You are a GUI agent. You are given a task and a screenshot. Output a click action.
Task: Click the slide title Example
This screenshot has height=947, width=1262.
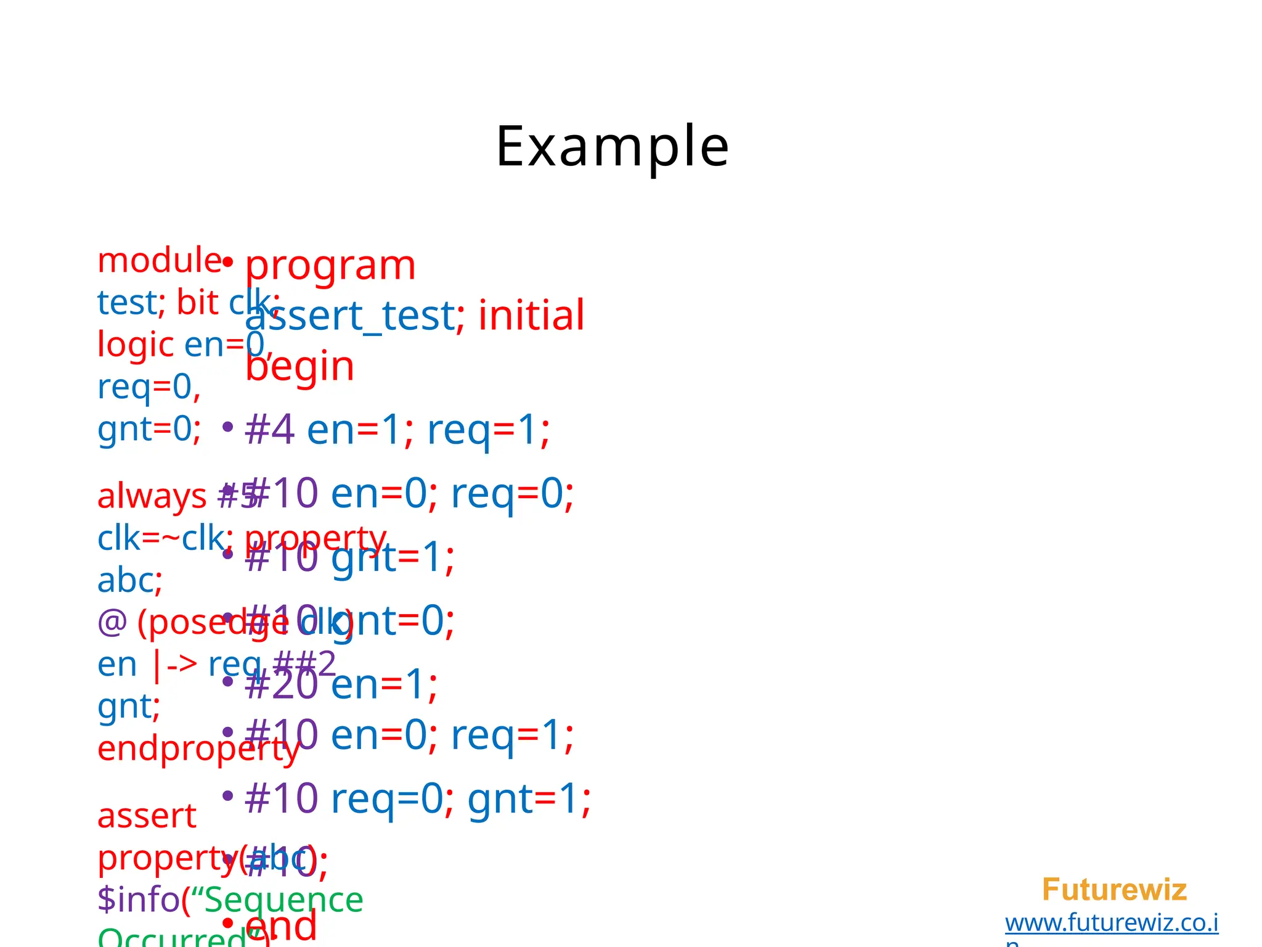pos(612,147)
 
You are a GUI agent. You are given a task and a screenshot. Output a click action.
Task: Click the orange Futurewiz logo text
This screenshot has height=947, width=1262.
pos(1113,890)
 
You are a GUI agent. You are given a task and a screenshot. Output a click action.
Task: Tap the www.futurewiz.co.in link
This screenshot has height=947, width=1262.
pos(1111,923)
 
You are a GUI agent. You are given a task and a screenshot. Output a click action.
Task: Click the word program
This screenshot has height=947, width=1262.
pos(330,266)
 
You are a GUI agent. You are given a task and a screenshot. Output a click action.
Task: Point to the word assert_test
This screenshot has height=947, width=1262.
pos(350,316)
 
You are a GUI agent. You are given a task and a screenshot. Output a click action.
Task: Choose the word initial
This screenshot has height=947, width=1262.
pos(531,316)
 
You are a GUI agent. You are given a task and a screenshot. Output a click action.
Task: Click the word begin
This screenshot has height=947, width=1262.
pos(299,366)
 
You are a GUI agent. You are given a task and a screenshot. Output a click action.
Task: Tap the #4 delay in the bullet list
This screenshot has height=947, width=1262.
pos(269,430)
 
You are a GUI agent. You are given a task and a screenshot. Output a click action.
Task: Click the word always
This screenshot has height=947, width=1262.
pos(152,496)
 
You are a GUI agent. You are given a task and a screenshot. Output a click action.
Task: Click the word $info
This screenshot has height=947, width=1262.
pos(138,900)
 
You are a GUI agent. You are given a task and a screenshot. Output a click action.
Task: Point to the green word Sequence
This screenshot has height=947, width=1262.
pos(283,900)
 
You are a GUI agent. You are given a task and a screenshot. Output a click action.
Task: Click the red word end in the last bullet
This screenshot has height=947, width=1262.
pos(281,925)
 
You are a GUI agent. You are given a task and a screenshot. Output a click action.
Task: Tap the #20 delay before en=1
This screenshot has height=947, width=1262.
pos(281,685)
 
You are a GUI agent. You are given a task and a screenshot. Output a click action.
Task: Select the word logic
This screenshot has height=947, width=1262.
pos(136,344)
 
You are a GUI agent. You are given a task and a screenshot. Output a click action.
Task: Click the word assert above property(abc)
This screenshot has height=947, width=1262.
pos(147,816)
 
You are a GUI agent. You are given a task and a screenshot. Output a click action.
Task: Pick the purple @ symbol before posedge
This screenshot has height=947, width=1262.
pos(112,622)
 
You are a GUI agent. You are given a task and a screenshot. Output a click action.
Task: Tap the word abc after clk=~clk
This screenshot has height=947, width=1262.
pos(126,580)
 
